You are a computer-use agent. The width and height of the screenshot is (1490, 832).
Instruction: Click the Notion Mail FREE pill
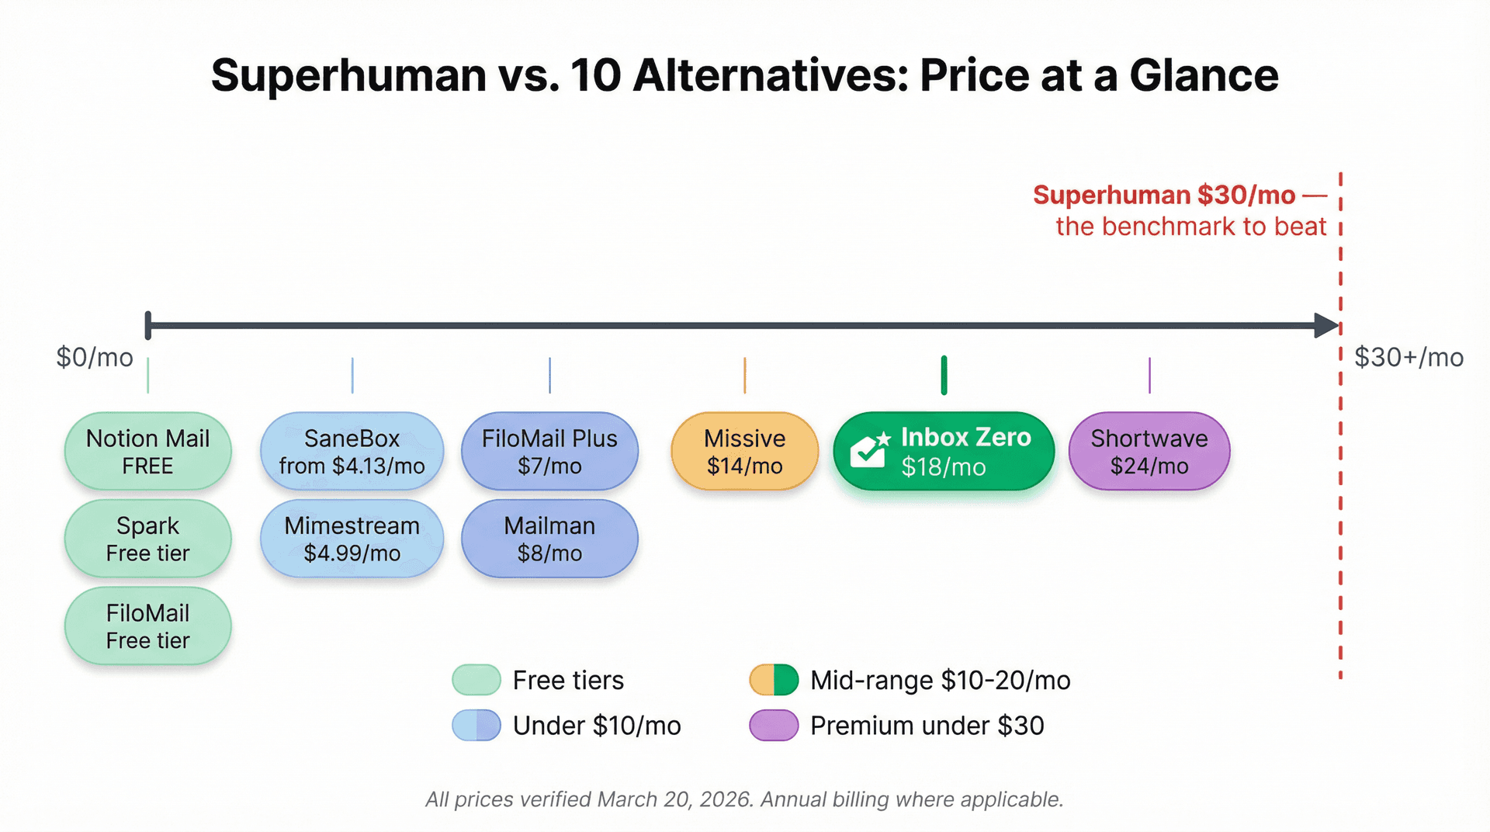[147, 452]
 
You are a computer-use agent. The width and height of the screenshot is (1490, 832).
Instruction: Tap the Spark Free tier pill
[147, 539]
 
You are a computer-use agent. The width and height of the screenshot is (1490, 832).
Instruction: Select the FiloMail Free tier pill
[147, 626]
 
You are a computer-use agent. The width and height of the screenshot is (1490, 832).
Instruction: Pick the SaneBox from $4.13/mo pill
[352, 452]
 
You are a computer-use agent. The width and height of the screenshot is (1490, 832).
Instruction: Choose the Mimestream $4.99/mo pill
[352, 539]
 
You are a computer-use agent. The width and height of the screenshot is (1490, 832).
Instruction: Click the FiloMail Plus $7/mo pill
[549, 452]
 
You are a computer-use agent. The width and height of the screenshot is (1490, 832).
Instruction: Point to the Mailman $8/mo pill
[549, 539]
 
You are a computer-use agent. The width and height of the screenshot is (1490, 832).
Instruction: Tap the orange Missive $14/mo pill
[744, 452]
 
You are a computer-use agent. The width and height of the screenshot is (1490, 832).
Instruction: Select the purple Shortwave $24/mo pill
[1149, 452]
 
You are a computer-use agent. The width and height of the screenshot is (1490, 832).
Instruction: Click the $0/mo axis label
[95, 357]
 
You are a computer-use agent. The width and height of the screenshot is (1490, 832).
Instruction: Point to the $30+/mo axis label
[1409, 357]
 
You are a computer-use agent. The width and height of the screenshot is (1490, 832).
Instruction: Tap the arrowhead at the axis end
[1325, 325]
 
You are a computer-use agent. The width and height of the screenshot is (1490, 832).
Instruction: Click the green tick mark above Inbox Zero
[944, 376]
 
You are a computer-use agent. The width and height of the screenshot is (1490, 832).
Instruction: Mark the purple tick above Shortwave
[1149, 376]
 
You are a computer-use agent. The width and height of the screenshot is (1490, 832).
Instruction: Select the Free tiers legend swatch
[476, 680]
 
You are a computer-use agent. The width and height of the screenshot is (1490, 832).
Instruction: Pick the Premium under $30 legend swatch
[774, 726]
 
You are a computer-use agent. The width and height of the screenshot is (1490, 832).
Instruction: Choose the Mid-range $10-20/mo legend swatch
[774, 680]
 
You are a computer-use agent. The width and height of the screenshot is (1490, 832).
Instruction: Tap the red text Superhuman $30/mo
[1164, 195]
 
